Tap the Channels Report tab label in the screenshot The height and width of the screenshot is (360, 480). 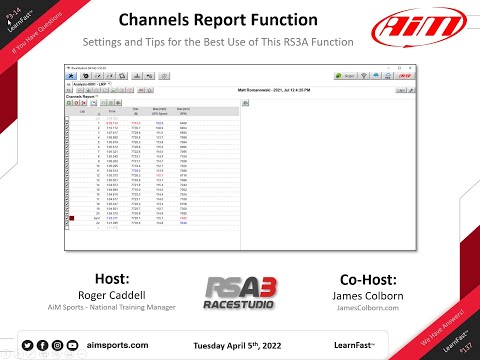point(84,96)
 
